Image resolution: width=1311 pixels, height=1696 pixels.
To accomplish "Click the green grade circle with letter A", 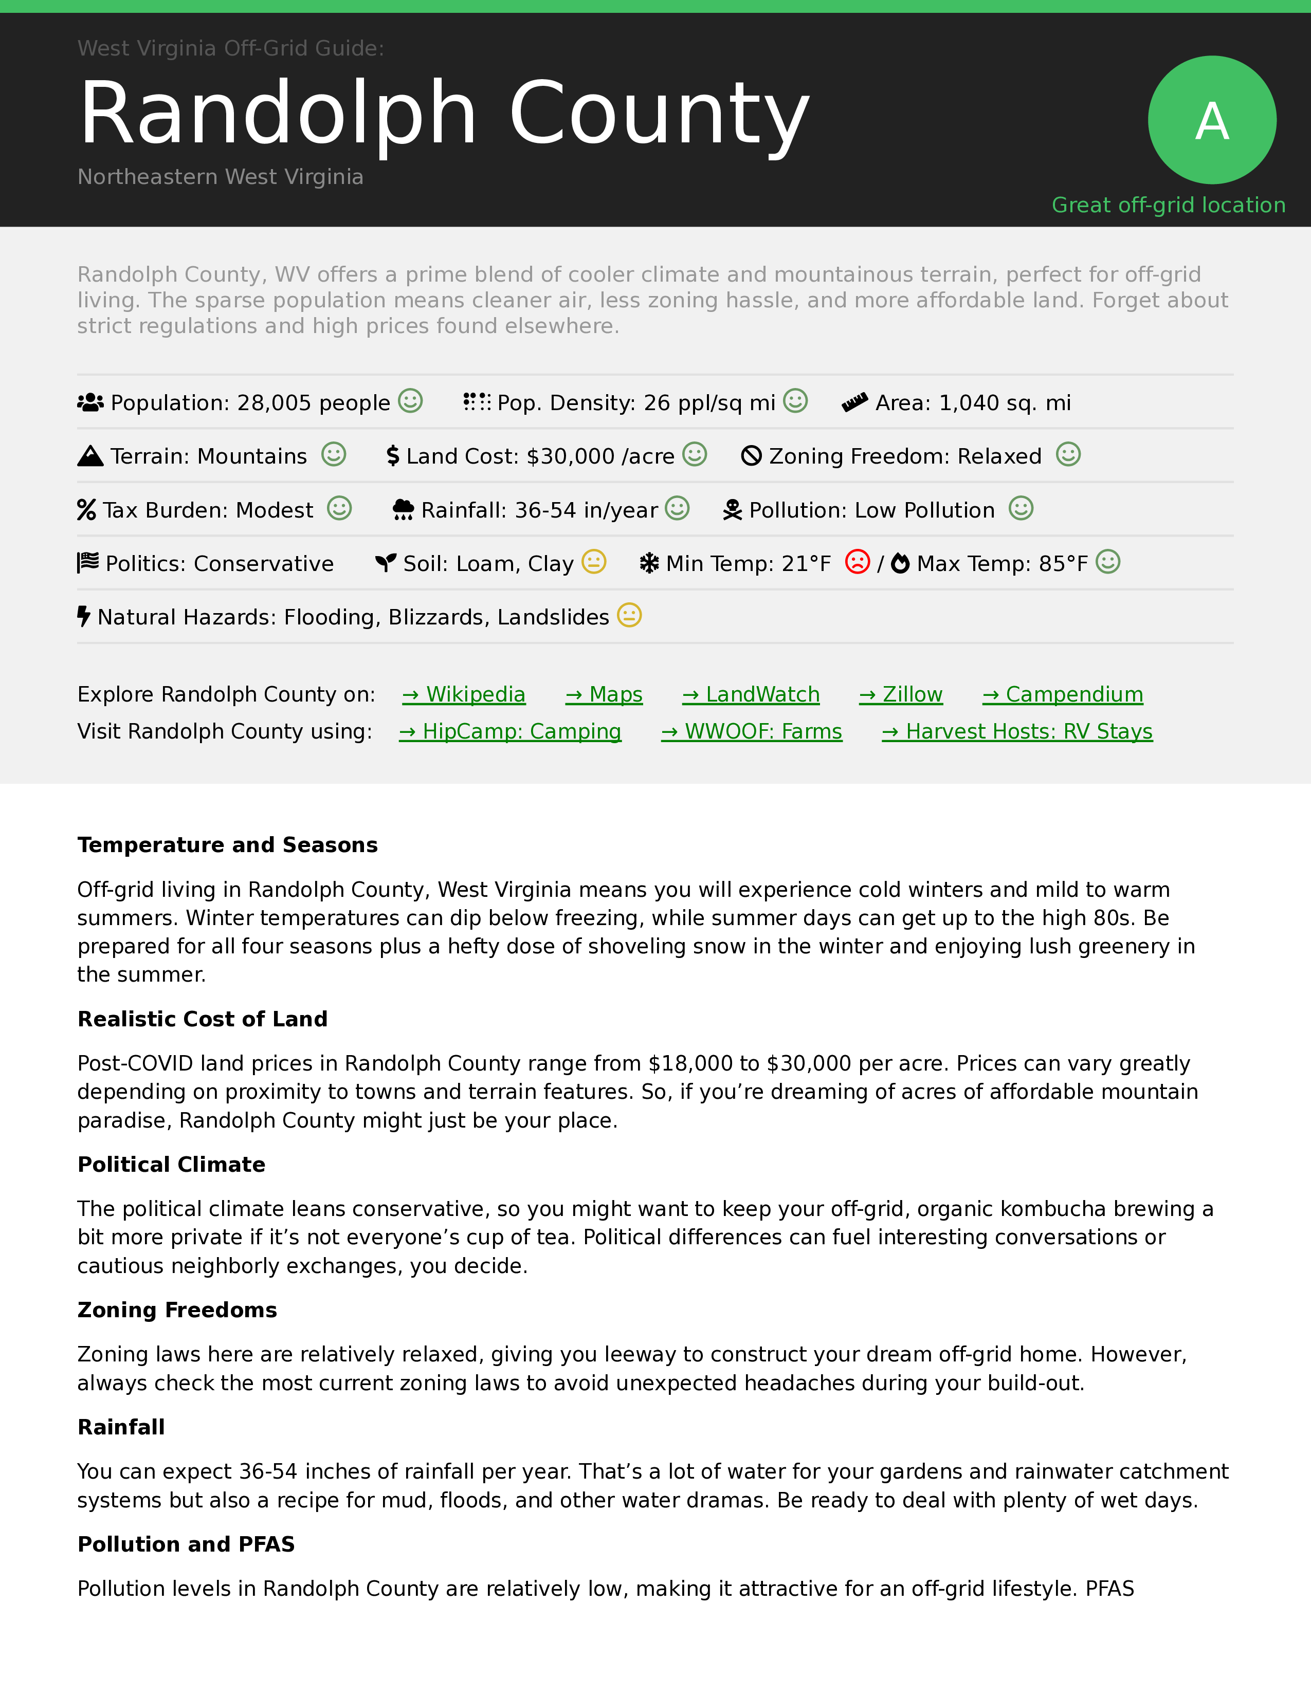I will [1212, 120].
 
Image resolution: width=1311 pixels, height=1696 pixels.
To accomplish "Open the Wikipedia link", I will [464, 694].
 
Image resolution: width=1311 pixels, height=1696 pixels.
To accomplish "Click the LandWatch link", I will [751, 694].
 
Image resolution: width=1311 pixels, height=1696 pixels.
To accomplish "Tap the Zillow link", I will [901, 694].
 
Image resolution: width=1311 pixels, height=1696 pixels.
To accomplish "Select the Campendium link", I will [1063, 694].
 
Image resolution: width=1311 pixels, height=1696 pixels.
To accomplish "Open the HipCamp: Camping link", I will [511, 731].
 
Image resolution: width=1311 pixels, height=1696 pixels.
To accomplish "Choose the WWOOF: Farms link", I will [752, 731].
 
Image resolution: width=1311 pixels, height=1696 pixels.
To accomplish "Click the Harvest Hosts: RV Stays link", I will [1017, 731].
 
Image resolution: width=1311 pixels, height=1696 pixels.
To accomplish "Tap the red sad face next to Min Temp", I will [858, 561].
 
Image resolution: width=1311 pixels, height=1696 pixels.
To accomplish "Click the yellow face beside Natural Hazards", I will [629, 616].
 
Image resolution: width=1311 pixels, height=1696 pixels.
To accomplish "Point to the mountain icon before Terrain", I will [90, 456].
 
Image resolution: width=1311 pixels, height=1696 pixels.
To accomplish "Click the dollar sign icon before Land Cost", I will [393, 456].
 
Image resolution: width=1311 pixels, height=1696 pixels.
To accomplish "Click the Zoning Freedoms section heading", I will [177, 1310].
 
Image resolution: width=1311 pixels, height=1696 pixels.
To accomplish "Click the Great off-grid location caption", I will [1168, 205].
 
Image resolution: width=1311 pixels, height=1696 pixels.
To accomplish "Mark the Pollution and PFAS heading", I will [187, 1544].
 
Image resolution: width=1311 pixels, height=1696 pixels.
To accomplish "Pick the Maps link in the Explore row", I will [604, 694].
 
